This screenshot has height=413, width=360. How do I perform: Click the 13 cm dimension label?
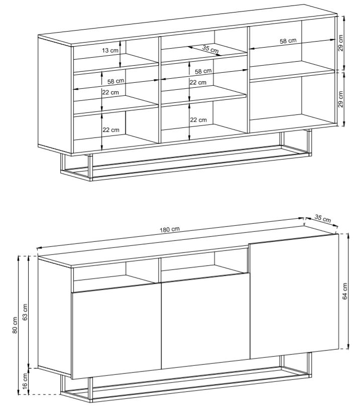tap(110, 50)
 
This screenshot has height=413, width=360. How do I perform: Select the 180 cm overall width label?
tap(170, 229)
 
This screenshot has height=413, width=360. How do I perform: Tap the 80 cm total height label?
tap(15, 325)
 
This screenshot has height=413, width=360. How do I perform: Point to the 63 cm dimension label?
tap(25, 312)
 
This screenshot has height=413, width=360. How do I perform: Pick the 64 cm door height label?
tap(345, 291)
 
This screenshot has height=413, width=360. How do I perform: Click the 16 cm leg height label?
tap(25, 381)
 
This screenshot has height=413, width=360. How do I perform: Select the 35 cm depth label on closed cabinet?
tap(322, 219)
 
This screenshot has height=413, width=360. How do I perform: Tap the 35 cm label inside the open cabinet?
tap(210, 49)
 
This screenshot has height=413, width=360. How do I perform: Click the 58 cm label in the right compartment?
tap(288, 41)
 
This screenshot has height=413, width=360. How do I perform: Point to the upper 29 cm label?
tap(340, 43)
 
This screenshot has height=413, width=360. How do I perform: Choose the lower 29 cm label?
tap(340, 99)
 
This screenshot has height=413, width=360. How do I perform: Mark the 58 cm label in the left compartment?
tap(115, 81)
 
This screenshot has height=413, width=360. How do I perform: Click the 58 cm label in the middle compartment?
tap(203, 71)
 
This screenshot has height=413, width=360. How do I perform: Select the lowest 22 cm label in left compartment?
tap(110, 130)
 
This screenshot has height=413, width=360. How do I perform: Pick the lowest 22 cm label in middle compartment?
tap(198, 120)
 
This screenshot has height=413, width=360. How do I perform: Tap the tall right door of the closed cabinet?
tap(294, 296)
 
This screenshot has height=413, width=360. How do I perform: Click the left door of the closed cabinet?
tap(116, 331)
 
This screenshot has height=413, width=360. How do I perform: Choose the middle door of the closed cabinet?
tap(205, 321)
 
